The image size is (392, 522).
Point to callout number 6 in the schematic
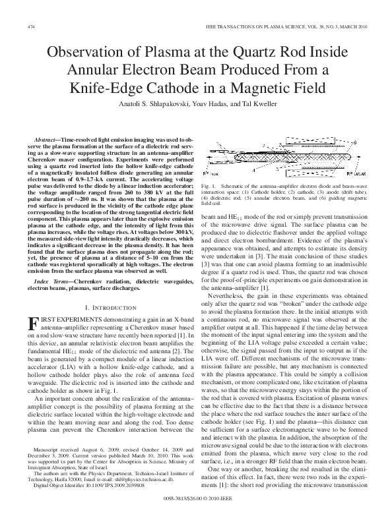[x=355, y=142]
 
